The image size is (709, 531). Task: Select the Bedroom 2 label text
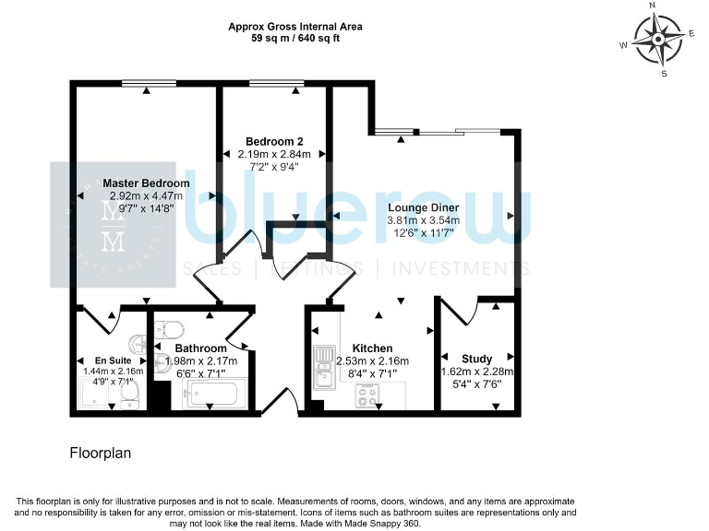pyautogui.click(x=274, y=141)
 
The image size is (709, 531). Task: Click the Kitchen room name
pyautogui.click(x=370, y=348)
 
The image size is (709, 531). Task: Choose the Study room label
pyautogui.click(x=476, y=359)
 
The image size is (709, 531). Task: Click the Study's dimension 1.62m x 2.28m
pyautogui.click(x=476, y=372)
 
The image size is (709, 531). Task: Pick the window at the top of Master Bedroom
pyautogui.click(x=148, y=84)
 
